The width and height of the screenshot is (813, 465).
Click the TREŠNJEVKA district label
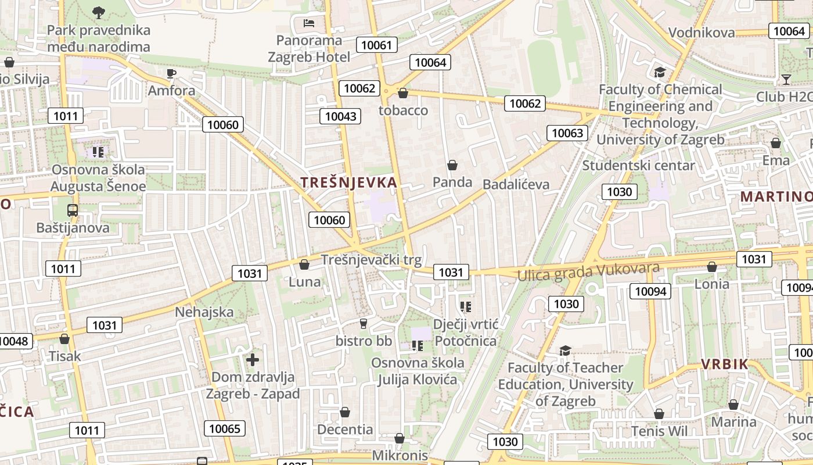tap(349, 183)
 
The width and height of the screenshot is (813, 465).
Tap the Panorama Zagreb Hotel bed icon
tap(309, 23)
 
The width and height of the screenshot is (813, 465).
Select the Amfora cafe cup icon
tap(171, 73)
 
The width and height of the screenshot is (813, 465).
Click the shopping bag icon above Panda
tap(452, 165)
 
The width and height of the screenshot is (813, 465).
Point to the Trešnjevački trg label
tap(371, 259)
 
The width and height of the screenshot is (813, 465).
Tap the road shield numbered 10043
tap(340, 116)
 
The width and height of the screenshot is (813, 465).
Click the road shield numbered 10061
tap(377, 45)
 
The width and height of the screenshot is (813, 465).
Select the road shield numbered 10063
tap(567, 133)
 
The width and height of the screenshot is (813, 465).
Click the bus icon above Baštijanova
tap(73, 210)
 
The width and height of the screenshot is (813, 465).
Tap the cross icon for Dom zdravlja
tap(253, 360)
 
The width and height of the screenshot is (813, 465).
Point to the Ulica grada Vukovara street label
tap(588, 271)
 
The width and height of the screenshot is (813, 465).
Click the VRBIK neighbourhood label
tap(724, 364)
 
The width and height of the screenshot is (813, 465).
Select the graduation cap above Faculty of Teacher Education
tap(565, 350)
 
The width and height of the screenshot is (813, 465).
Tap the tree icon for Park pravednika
tap(99, 12)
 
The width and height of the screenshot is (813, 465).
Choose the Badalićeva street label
tap(516, 184)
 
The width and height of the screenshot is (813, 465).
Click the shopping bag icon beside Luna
tap(304, 264)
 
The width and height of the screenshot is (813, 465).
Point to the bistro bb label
tap(364, 341)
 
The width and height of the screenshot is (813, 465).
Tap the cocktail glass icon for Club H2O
tap(786, 80)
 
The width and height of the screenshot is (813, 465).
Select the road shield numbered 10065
tap(224, 429)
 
